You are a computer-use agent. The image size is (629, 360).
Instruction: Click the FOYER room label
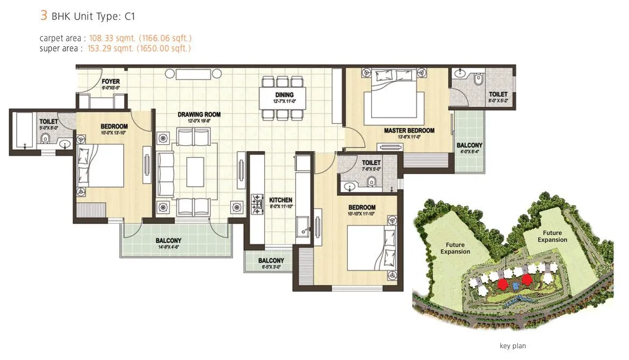tap(110, 82)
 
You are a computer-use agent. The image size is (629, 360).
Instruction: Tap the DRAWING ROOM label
tap(199, 115)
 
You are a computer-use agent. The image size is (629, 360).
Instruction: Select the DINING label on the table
tap(284, 96)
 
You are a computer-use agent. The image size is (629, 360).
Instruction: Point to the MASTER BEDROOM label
tap(409, 131)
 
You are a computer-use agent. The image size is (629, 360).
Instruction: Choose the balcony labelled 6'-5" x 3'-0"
tap(271, 260)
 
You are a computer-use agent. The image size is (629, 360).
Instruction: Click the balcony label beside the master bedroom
tap(469, 146)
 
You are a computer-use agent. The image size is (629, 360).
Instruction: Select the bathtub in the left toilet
tap(25, 130)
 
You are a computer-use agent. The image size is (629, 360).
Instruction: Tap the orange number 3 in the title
tap(44, 15)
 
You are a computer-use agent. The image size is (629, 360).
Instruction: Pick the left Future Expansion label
tap(455, 248)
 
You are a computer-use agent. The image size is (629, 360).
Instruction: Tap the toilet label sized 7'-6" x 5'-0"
tap(371, 163)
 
